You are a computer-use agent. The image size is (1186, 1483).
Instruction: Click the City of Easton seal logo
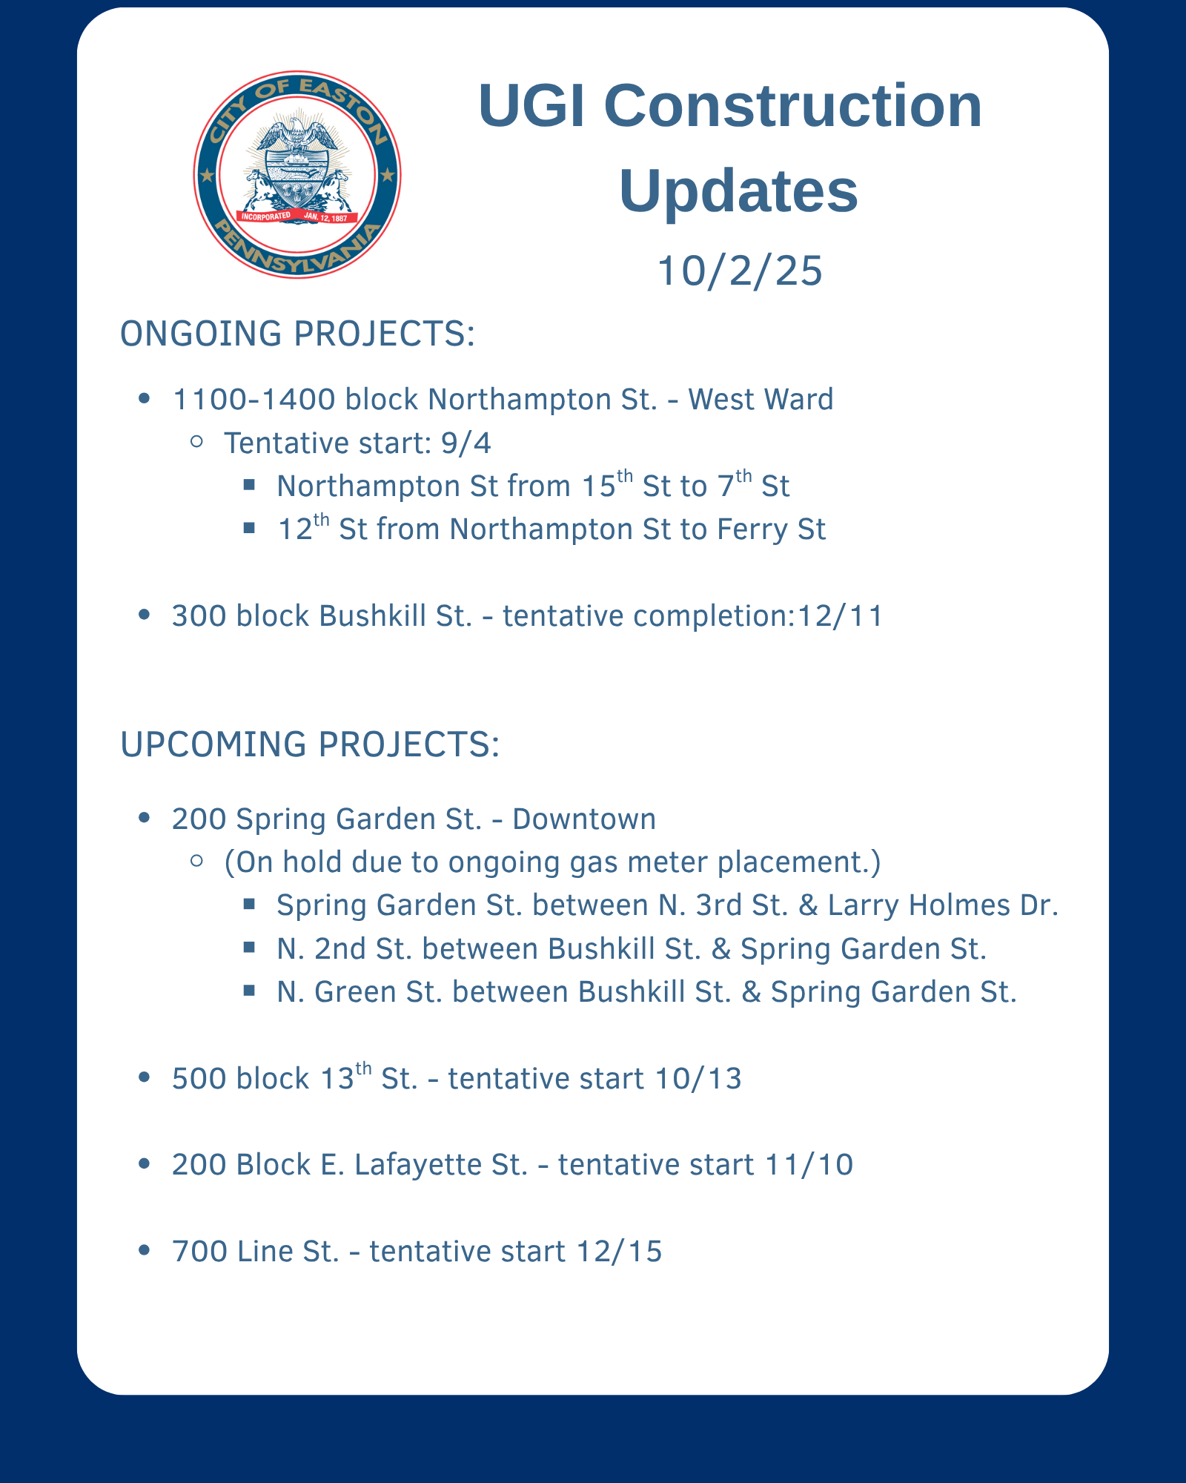[x=297, y=175]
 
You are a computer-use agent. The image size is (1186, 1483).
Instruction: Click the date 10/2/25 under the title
[x=740, y=270]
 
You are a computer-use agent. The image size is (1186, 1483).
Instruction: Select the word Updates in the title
[x=738, y=191]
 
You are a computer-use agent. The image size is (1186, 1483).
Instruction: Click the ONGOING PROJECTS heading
[x=297, y=334]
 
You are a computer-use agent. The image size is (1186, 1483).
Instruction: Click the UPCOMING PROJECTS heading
[x=310, y=744]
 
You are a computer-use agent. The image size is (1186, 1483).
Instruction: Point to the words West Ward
[x=761, y=400]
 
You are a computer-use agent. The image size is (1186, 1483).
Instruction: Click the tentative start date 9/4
[x=466, y=443]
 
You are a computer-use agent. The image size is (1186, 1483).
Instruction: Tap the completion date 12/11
[x=839, y=616]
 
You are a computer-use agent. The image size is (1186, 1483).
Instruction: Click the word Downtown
[x=584, y=819]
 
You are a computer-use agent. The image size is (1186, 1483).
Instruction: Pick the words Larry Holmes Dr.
[x=943, y=906]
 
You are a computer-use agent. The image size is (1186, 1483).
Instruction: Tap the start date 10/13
[x=698, y=1079]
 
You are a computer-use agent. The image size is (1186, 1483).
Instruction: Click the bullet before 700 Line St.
[x=145, y=1251]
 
